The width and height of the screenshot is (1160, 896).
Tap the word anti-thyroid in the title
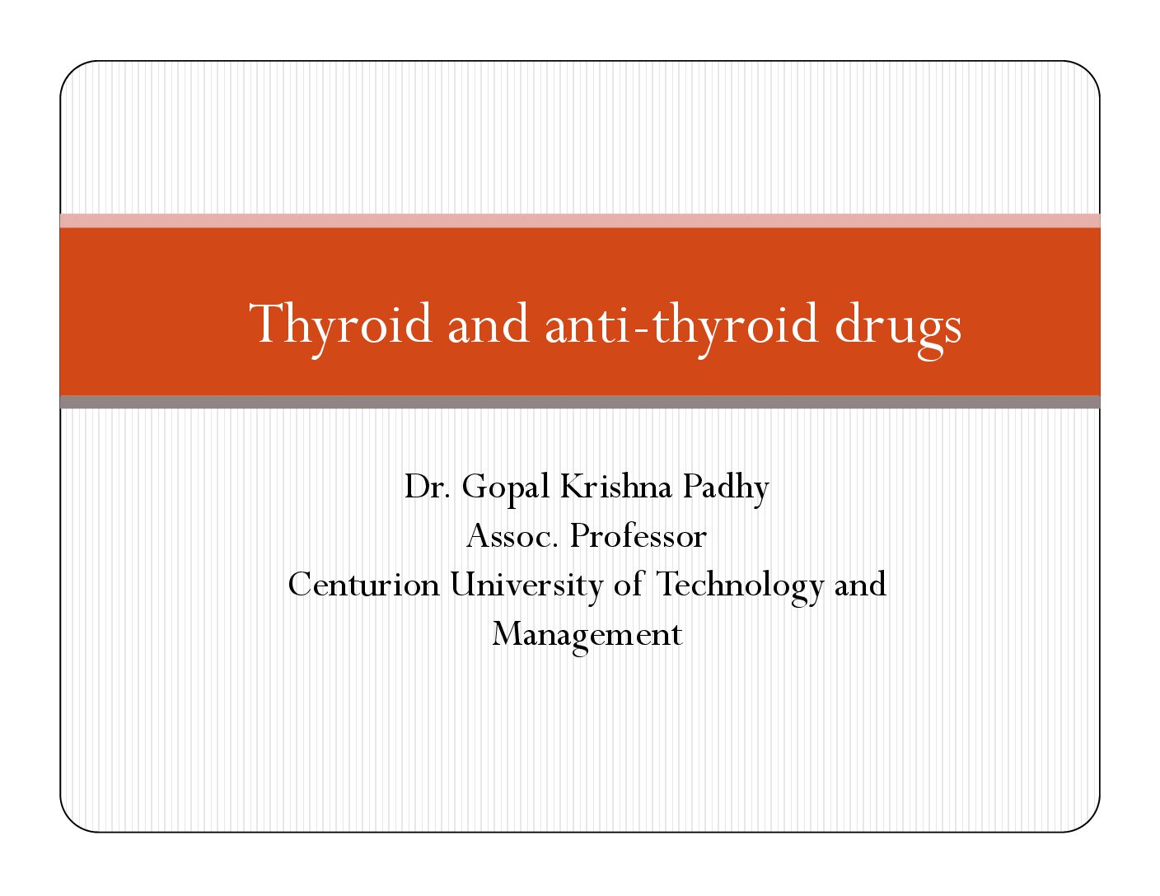click(x=681, y=324)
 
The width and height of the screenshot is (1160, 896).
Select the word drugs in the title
click(x=898, y=329)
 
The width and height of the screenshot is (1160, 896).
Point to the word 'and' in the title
click(x=489, y=324)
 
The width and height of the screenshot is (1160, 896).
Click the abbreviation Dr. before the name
click(x=427, y=486)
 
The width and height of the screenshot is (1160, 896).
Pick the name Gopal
click(x=505, y=489)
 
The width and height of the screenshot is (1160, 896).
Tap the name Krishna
click(x=615, y=486)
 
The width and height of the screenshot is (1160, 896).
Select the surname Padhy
click(x=726, y=489)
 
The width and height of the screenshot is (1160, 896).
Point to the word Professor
click(x=638, y=536)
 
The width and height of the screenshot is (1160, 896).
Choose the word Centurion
click(x=363, y=585)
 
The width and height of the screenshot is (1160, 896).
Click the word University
click(x=526, y=587)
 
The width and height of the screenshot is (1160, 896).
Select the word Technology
click(x=739, y=587)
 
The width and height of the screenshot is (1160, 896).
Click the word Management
click(x=587, y=636)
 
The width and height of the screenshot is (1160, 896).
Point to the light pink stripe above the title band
click(x=580, y=221)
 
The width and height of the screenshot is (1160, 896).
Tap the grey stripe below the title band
click(x=580, y=402)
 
